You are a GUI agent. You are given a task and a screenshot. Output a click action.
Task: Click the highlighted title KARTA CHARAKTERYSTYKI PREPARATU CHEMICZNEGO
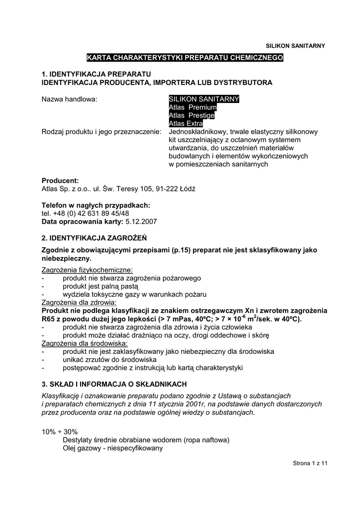(x=185, y=58)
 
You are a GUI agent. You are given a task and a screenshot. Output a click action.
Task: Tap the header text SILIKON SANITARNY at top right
(x=296, y=46)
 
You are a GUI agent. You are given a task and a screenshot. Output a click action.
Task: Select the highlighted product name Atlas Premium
(x=193, y=107)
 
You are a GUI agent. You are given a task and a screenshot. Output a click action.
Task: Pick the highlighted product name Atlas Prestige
(x=191, y=115)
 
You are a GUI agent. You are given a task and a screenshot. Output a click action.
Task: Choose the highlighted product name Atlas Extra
(x=185, y=123)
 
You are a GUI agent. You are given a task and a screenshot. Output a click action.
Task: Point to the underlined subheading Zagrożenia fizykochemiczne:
(x=87, y=269)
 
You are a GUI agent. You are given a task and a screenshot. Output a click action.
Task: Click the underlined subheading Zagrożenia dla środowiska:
(x=85, y=343)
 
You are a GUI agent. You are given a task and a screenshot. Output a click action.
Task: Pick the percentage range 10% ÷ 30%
(x=60, y=431)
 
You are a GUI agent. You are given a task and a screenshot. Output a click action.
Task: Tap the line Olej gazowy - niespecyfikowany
(x=113, y=448)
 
